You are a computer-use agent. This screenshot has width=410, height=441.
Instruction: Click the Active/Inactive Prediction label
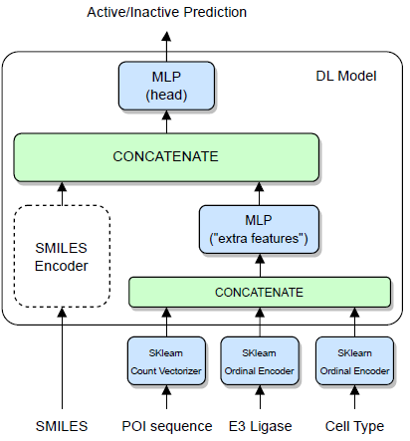(x=166, y=13)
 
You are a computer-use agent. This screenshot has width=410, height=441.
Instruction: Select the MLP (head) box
(x=166, y=85)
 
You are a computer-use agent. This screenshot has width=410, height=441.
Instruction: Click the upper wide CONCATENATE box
(x=166, y=156)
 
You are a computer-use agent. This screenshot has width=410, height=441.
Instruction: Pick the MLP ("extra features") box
(x=259, y=229)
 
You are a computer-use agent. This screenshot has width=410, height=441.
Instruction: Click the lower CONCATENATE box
(x=259, y=292)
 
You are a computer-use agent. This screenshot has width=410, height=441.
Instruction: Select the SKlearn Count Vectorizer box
(x=166, y=360)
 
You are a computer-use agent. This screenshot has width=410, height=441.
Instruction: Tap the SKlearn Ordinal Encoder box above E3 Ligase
(x=259, y=360)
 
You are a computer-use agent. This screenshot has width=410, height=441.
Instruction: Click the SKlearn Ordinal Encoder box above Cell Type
(x=353, y=360)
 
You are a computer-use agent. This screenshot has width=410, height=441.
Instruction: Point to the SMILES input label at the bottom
(x=62, y=426)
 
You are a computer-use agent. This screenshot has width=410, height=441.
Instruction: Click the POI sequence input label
(x=166, y=426)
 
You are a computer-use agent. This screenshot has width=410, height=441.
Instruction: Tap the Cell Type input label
(x=353, y=426)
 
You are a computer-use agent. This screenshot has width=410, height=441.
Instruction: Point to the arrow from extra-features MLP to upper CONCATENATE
(x=259, y=192)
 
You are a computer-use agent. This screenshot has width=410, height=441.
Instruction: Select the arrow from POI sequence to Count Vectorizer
(x=166, y=398)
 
